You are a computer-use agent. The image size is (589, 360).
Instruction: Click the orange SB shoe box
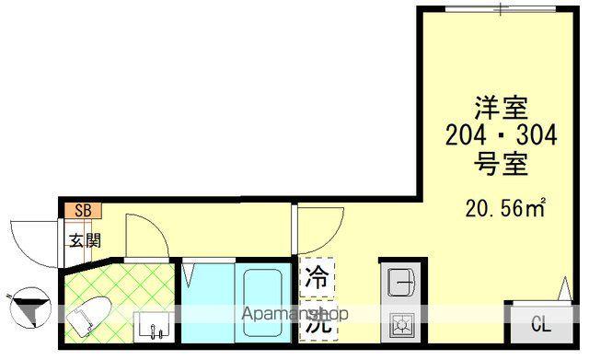pyautogui.click(x=82, y=209)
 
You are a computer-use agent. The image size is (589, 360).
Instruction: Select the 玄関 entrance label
pyautogui.click(x=81, y=241)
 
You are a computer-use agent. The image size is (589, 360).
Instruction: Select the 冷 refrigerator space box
pyautogui.click(x=317, y=276)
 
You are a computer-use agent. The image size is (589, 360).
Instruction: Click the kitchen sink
pyautogui.click(x=400, y=281)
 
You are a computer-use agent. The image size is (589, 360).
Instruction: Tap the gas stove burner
pyautogui.click(x=401, y=325)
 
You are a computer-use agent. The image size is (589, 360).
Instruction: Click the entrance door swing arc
pyautogui.click(x=32, y=241)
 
